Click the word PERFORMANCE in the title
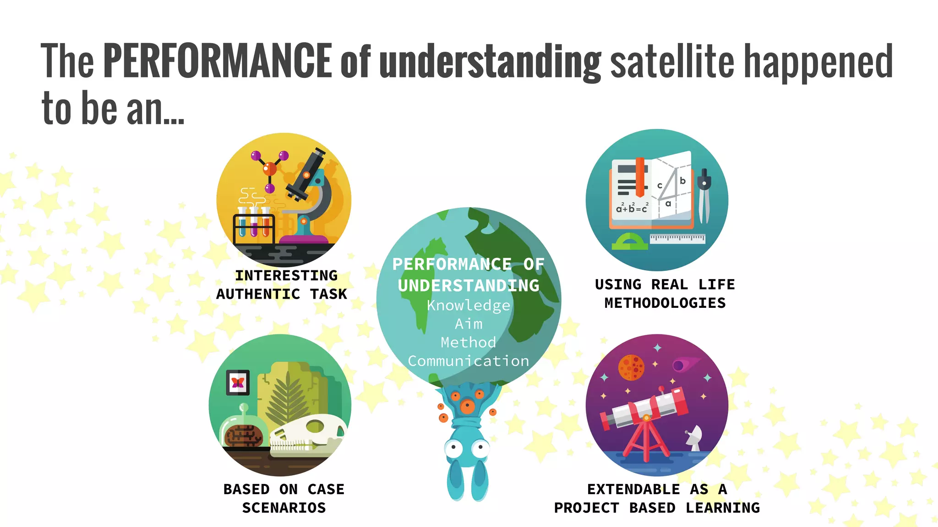click(x=217, y=60)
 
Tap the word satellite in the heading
click(x=672, y=60)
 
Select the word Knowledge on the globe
click(x=469, y=306)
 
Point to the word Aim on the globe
click(x=469, y=324)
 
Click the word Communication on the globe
click(x=469, y=361)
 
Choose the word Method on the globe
click(x=469, y=342)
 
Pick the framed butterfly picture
click(x=238, y=382)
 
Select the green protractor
click(x=629, y=242)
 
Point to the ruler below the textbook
click(x=677, y=238)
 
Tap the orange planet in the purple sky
click(x=631, y=367)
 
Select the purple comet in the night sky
click(x=682, y=364)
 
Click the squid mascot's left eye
click(x=453, y=449)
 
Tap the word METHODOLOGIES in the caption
click(x=665, y=303)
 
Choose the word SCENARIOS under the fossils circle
click(x=284, y=508)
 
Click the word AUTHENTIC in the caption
click(x=258, y=294)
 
